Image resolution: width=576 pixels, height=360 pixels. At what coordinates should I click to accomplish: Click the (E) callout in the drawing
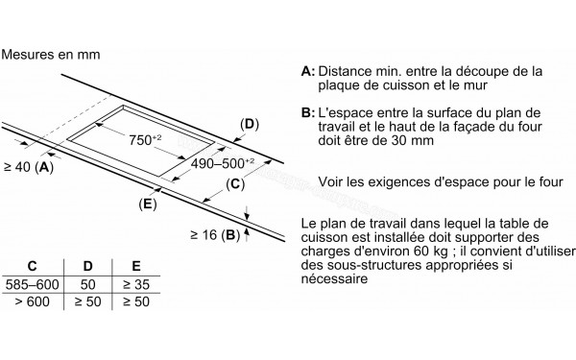pyautogui.click(x=148, y=204)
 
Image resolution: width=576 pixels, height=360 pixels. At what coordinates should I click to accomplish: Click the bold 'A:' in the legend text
pyautogui.click(x=307, y=72)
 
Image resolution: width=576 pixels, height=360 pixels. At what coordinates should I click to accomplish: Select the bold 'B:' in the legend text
pyautogui.click(x=307, y=113)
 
